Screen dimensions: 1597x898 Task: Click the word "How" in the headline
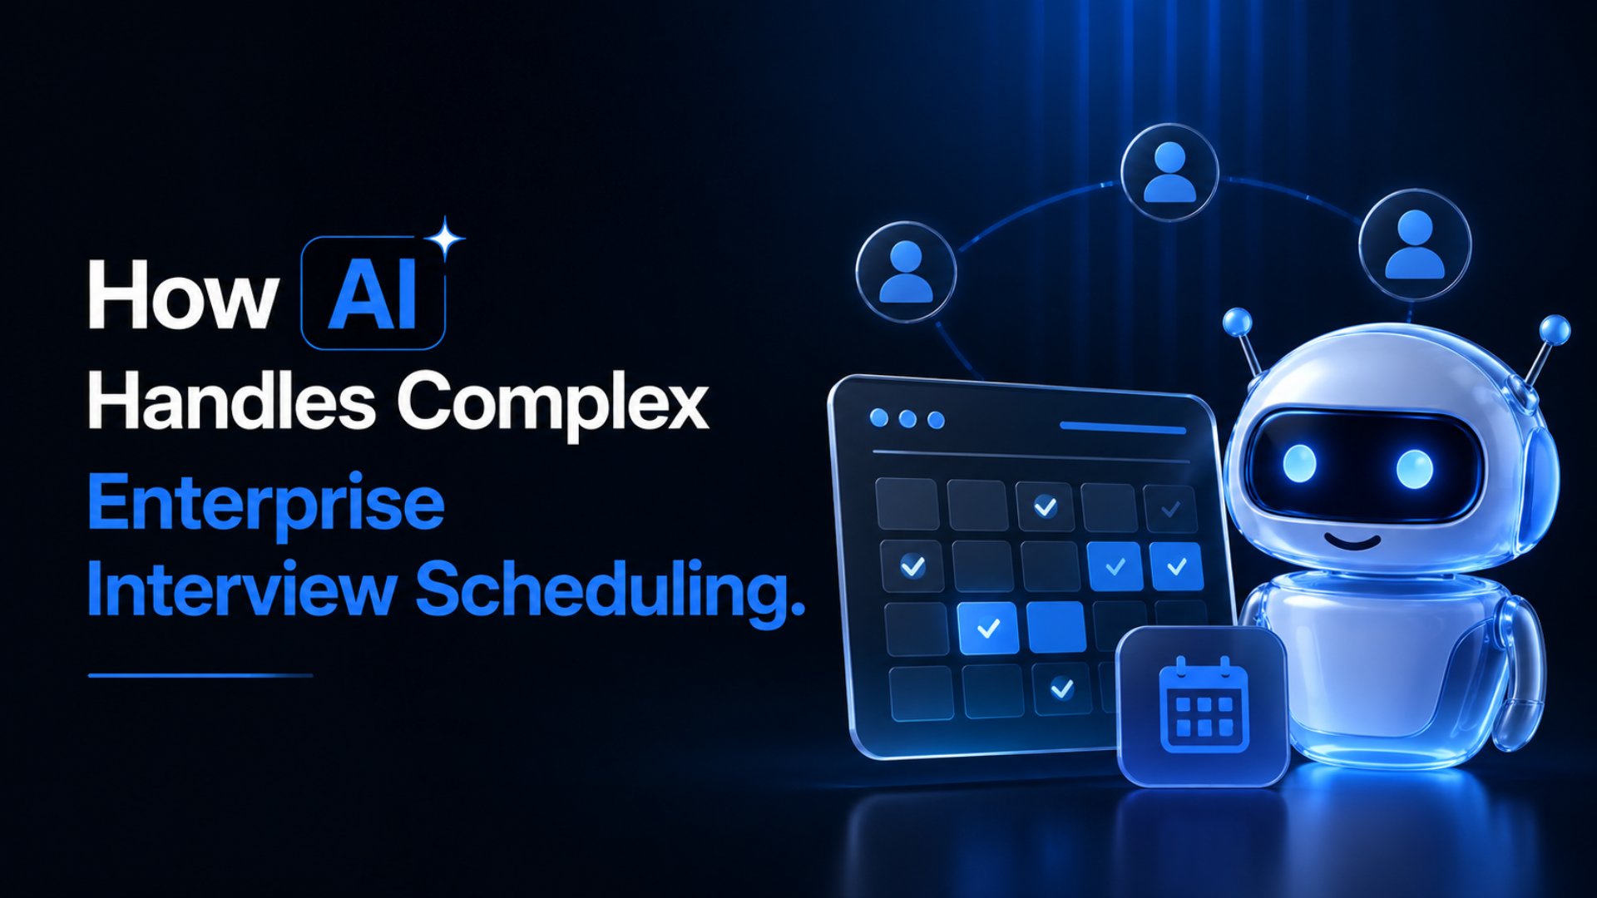[182, 294]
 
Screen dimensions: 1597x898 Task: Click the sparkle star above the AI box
[445, 239]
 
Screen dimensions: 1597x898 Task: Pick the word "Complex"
[553, 405]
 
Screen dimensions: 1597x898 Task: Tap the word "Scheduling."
[611, 592]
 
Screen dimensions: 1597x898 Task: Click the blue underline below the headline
[200, 675]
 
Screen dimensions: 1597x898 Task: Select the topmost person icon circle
[1169, 172]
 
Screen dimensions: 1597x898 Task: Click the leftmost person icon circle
[906, 272]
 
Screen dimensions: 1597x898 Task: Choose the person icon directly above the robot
[1414, 244]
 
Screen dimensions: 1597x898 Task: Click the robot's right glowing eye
[1414, 469]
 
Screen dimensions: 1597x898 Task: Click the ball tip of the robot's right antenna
[1554, 330]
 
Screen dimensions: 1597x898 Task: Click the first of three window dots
[878, 417]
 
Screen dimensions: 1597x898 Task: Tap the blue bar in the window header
[1123, 428]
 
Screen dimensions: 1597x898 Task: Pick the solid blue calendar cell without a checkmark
[1056, 627]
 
